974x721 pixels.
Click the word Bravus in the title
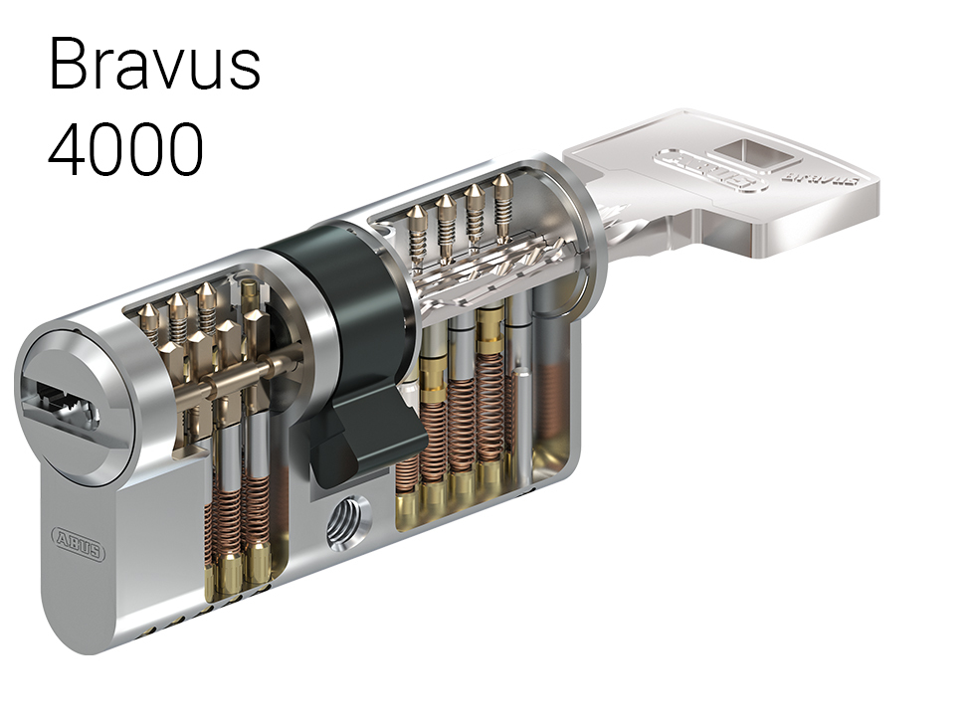tap(154, 65)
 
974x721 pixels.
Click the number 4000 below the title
tap(125, 149)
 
